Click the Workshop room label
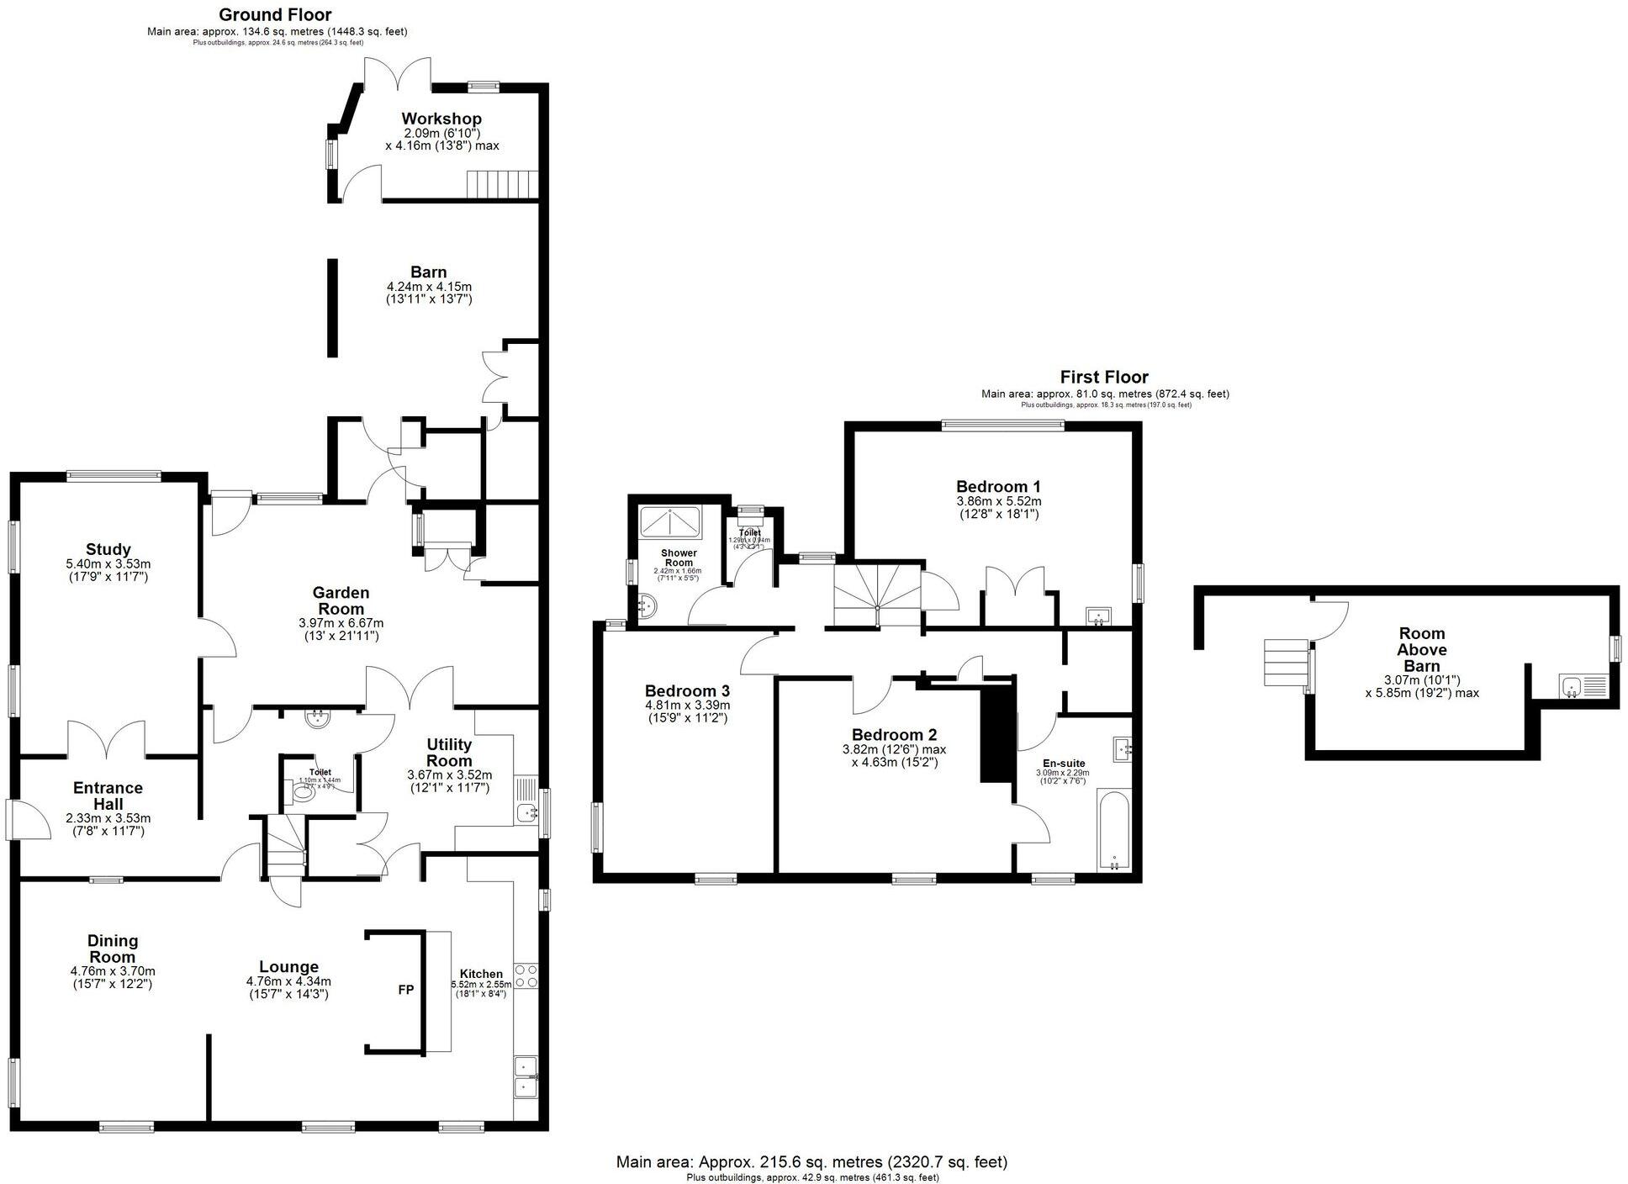pos(441,119)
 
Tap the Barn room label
pos(428,272)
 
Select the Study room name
pos(108,550)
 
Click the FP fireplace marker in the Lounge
pos(405,990)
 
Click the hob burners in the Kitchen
pos(526,976)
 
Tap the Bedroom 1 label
pos(998,486)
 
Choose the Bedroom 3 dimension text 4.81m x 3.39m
pos(687,705)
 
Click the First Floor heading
pos(1103,377)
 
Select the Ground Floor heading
pos(275,14)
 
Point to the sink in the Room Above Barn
pos(1571,687)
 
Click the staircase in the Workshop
pos(502,184)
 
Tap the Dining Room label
pos(113,949)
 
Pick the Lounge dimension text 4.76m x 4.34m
pos(288,980)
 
